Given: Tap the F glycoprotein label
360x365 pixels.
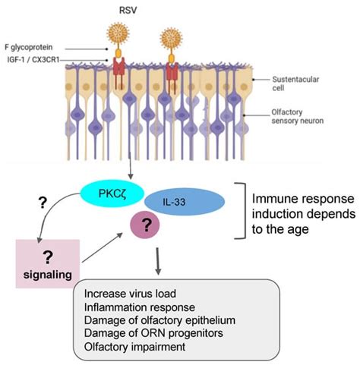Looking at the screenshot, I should pos(36,46).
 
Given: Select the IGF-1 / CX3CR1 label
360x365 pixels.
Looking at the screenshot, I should pos(37,59).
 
